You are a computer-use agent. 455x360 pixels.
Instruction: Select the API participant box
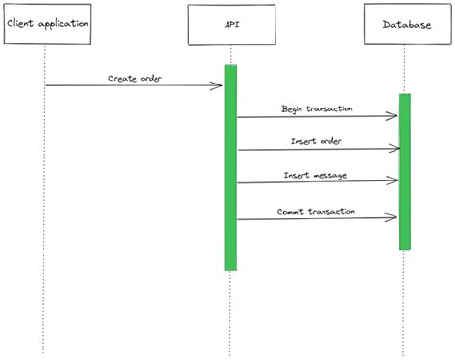click(x=230, y=24)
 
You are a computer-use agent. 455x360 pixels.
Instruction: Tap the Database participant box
click(x=404, y=24)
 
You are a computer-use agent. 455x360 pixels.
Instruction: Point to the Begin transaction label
click(x=317, y=108)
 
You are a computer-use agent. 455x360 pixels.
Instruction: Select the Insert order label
click(x=317, y=141)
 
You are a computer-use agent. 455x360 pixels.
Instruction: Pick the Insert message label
click(x=316, y=175)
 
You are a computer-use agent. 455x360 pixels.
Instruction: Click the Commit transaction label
click(x=317, y=210)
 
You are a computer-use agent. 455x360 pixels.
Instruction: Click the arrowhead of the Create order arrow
click(x=220, y=85)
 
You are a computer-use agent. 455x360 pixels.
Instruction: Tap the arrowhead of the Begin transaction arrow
click(x=395, y=116)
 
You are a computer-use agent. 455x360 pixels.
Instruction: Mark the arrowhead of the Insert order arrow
click(x=395, y=149)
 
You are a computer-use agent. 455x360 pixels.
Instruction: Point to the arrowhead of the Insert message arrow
click(x=395, y=179)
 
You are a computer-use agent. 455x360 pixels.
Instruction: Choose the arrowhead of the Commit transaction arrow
click(x=394, y=218)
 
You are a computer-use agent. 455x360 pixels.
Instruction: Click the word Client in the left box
click(x=20, y=24)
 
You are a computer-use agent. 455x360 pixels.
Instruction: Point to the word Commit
click(x=292, y=210)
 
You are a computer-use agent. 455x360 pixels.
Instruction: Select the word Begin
click(x=294, y=108)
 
